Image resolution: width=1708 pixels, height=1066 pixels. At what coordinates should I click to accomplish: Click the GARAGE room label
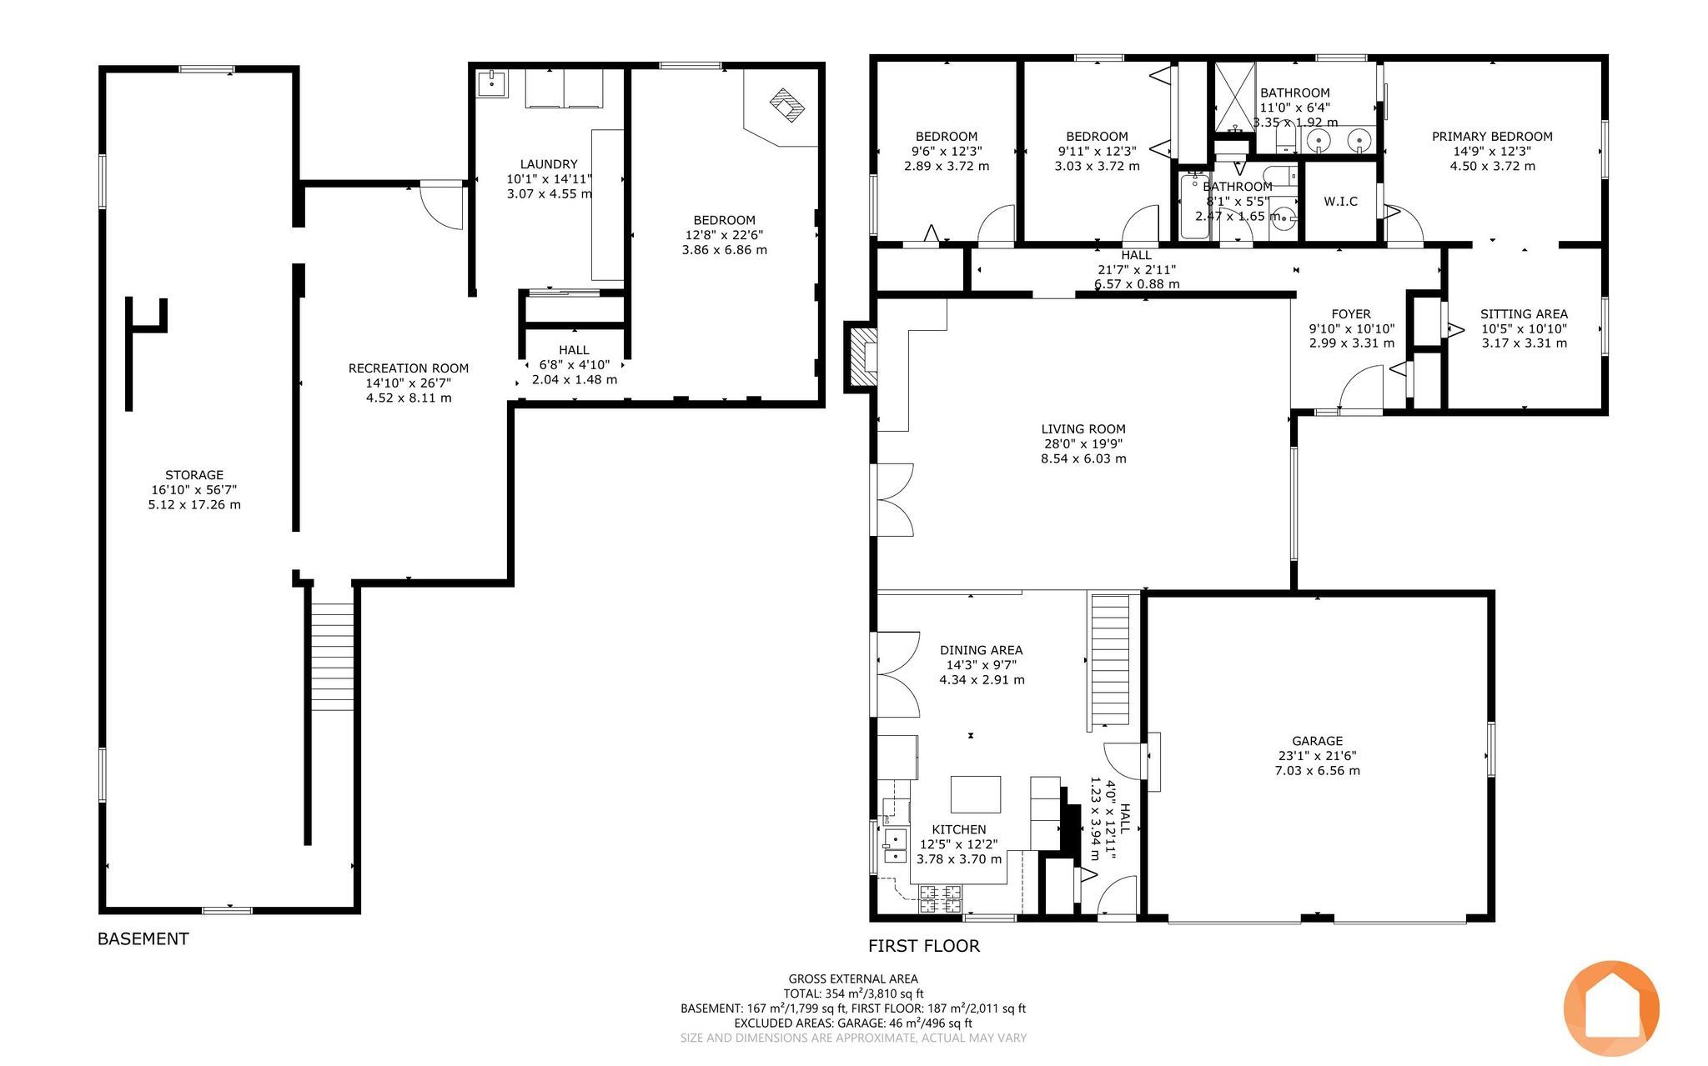(1317, 740)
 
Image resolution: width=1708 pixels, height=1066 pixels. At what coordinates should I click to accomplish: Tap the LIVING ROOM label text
(1083, 429)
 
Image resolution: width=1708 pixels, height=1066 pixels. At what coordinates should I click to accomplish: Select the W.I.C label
(1340, 201)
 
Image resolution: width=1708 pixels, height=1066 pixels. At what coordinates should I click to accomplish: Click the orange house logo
(1611, 1008)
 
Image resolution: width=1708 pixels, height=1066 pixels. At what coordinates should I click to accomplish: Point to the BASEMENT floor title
(143, 938)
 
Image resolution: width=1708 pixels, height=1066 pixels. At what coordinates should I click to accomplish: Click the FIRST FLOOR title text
(924, 946)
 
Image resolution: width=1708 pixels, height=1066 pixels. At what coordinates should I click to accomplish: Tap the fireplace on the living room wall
(862, 357)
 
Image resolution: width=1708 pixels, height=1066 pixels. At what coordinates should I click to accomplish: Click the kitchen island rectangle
(977, 794)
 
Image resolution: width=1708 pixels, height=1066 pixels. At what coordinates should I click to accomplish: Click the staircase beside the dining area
(1111, 660)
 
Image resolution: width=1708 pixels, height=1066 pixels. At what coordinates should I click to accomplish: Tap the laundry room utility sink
(491, 83)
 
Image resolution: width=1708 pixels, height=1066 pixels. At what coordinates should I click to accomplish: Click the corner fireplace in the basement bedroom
(786, 107)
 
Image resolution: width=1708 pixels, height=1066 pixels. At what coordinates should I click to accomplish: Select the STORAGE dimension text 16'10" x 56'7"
(194, 490)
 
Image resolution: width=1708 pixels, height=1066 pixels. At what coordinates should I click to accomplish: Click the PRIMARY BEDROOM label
(1492, 137)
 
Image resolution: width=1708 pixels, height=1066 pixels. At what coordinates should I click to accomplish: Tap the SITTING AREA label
(1524, 314)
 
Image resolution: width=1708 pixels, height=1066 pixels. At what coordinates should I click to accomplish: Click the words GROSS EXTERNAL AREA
(853, 979)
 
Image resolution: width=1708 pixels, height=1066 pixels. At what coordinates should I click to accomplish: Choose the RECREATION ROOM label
(409, 368)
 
